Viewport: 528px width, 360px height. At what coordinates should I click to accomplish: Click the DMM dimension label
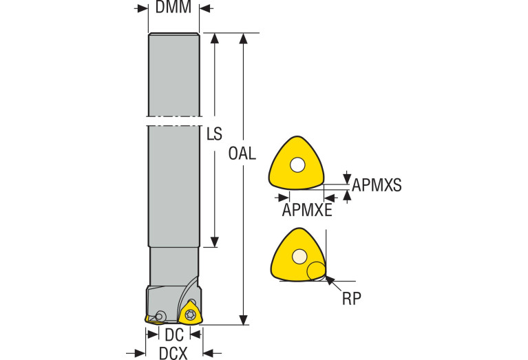coord(173,7)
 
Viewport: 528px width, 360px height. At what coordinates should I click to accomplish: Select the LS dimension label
coord(214,134)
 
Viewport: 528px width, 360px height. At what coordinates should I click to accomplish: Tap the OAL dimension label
coord(242,153)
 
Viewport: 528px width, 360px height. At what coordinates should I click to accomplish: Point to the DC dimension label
coord(174,335)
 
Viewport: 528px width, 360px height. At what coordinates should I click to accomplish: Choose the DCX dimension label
coord(173,354)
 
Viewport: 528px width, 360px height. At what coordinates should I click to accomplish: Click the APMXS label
coord(377,185)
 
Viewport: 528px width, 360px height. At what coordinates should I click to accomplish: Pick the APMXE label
coord(307,210)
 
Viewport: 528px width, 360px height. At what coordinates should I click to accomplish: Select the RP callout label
coord(352,298)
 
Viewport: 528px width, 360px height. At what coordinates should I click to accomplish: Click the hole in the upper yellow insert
coord(297,165)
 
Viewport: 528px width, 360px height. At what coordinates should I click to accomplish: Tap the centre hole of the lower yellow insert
coord(299,257)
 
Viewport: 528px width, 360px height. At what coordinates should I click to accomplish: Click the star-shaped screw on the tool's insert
coord(189,315)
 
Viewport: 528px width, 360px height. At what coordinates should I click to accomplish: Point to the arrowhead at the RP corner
coord(329,279)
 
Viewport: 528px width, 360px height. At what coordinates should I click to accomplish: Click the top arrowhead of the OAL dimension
coord(243,39)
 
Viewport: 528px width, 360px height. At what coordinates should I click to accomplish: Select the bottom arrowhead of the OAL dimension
coord(243,320)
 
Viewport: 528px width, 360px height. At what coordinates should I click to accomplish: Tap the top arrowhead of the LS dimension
coord(215,39)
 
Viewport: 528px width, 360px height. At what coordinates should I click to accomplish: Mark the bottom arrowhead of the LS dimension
coord(215,242)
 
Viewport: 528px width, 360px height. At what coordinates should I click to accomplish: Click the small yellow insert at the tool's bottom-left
coord(149,319)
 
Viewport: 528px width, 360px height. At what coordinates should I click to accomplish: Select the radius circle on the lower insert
coord(316,271)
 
